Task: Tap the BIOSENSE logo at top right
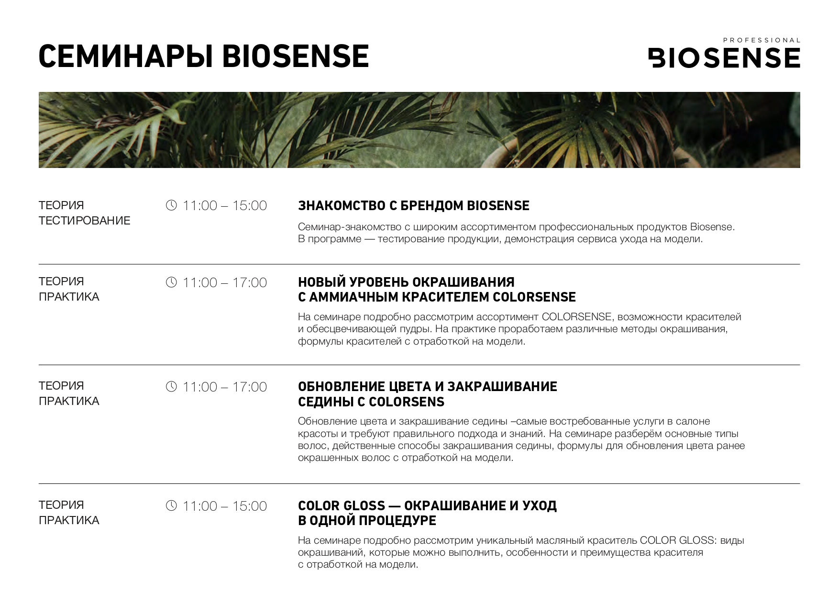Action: [724, 57]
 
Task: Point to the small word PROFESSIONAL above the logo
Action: [762, 40]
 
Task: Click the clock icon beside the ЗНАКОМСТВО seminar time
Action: [171, 205]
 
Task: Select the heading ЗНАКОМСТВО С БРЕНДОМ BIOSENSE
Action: [414, 206]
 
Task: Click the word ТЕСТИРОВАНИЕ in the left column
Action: [85, 221]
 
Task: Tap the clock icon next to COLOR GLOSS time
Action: [171, 505]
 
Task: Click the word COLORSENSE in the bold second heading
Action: [534, 297]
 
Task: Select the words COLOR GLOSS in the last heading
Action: [342, 505]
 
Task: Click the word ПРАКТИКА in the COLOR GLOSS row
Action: [69, 520]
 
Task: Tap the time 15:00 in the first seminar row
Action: [250, 206]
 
